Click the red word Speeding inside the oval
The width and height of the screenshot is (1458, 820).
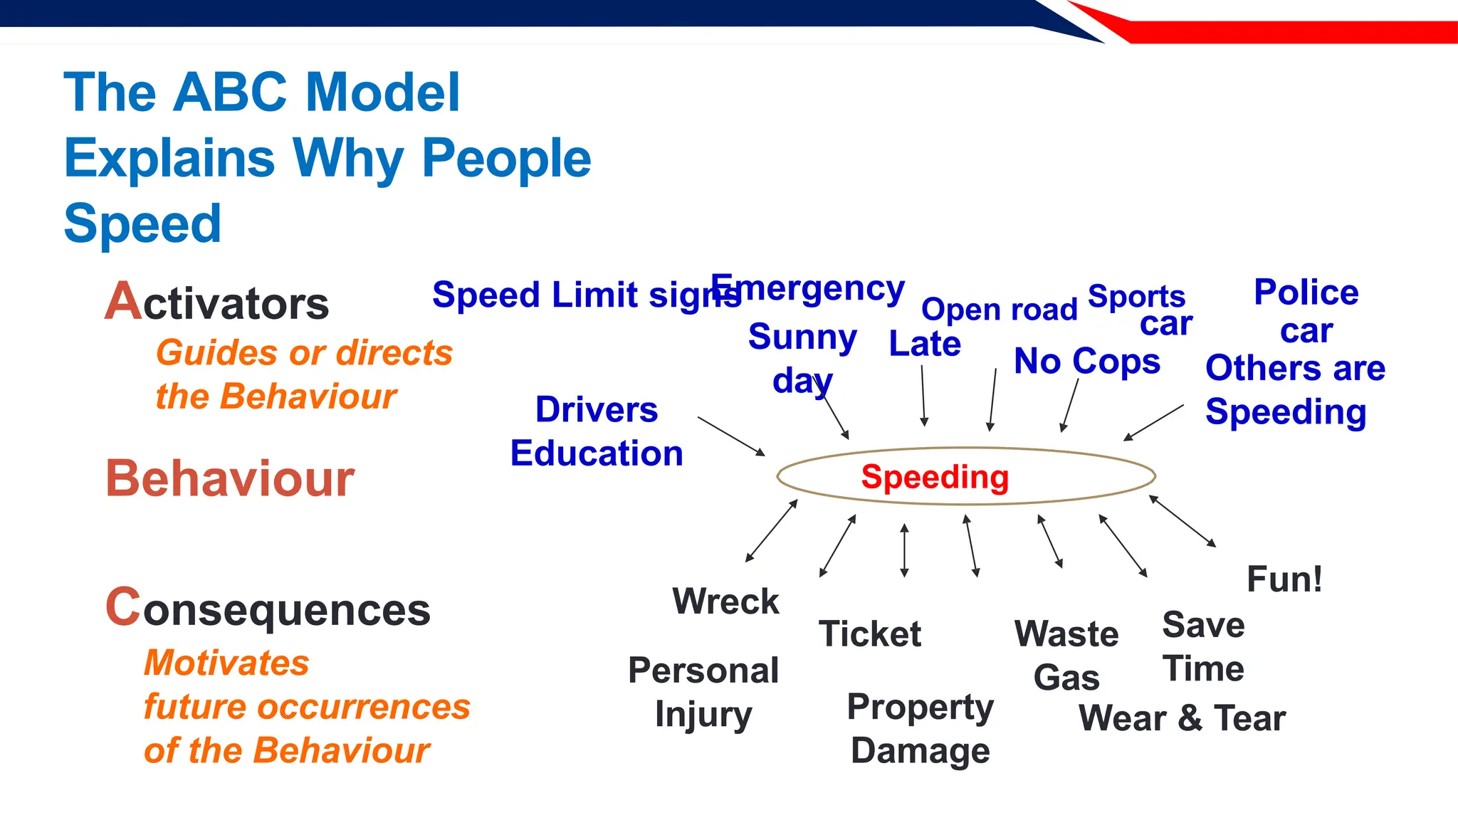935,477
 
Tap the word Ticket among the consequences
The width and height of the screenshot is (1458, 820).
870,634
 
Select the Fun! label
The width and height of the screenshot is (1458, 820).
1284,579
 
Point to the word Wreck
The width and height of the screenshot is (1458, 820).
725,601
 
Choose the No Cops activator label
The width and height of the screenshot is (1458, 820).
1086,361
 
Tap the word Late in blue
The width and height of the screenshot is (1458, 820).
925,344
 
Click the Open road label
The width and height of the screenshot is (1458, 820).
999,310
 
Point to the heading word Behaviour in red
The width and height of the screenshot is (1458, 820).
229,478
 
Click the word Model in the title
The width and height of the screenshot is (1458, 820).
382,93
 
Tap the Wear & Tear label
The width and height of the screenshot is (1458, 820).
1182,717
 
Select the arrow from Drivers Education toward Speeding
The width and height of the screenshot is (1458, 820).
731,436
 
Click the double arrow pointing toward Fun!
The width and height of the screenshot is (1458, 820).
1182,521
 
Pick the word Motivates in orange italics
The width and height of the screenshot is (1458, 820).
226,663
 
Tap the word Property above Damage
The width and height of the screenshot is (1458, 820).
920,708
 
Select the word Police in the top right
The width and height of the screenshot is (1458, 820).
1306,293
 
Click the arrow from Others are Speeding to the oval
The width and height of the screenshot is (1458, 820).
1154,423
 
